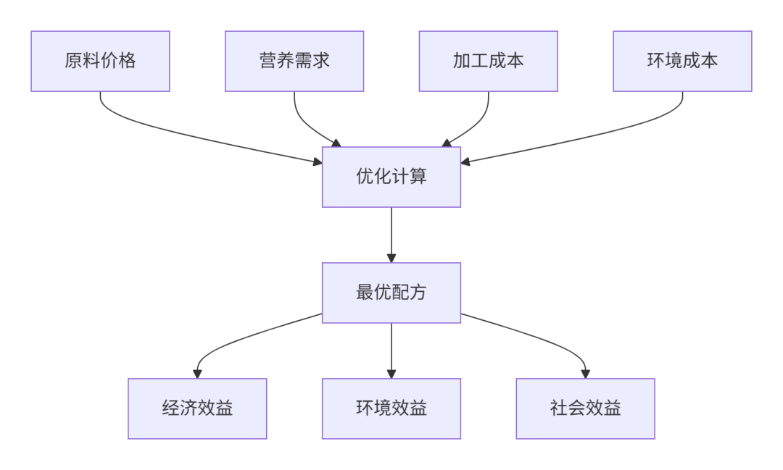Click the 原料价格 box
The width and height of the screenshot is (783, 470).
(x=100, y=61)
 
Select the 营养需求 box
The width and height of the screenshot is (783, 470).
(x=294, y=61)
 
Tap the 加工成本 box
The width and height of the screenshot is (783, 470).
(x=488, y=61)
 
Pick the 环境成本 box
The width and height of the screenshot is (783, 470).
(x=682, y=61)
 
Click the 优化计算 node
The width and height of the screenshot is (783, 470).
(x=391, y=177)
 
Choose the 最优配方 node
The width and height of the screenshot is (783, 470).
(x=391, y=293)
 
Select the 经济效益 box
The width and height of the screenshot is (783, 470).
(x=197, y=408)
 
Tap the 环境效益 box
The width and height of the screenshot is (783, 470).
(x=391, y=408)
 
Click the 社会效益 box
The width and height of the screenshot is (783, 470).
(x=585, y=408)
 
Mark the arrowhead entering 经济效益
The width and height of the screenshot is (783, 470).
(x=197, y=374)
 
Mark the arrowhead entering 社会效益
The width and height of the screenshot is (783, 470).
(x=585, y=374)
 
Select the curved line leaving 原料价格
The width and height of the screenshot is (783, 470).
(x=181, y=134)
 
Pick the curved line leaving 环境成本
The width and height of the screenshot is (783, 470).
(x=602, y=134)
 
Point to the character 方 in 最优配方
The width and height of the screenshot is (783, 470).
(x=418, y=293)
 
